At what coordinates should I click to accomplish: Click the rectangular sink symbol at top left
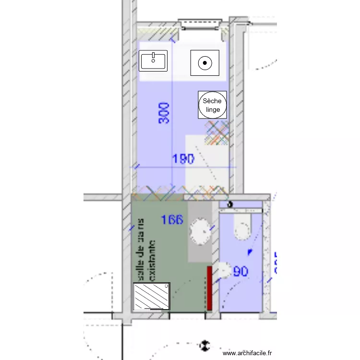point(153,61)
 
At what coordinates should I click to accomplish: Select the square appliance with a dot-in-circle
point(205,62)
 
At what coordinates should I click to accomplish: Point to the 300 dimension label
point(164,113)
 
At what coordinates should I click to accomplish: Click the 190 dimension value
point(183,159)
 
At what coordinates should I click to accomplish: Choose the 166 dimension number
point(172,220)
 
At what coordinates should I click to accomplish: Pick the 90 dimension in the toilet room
point(240,272)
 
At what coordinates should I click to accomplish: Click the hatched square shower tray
point(152,297)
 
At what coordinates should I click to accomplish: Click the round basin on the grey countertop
point(201,230)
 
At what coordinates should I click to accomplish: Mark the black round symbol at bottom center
point(205,345)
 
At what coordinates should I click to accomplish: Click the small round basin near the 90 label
point(223,271)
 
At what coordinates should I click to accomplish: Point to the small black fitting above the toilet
point(230,204)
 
